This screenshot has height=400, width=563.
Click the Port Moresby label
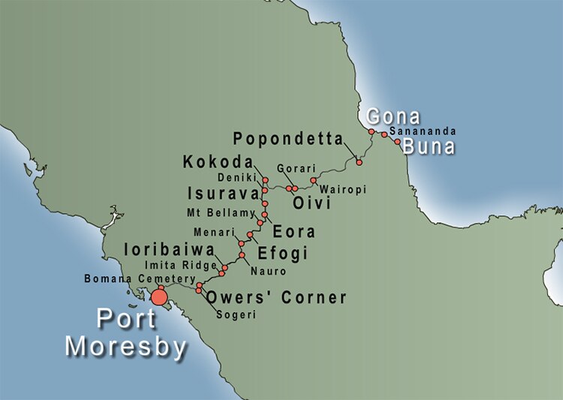[x=125, y=332]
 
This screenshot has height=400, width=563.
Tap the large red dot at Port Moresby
[x=159, y=298]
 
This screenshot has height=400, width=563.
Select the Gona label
[x=393, y=117]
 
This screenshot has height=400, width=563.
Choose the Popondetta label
[x=288, y=139]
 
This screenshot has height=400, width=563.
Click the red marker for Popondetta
[x=359, y=162]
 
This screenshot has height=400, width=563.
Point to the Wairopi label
[x=342, y=190]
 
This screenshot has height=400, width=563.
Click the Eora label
[x=294, y=231]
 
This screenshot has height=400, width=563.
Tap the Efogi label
[x=283, y=254]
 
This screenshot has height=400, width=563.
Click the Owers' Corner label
[x=275, y=298]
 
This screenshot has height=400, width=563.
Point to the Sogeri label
[x=236, y=315]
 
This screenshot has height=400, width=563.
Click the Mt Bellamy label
[x=221, y=213]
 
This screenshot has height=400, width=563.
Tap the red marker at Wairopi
[x=313, y=180]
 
